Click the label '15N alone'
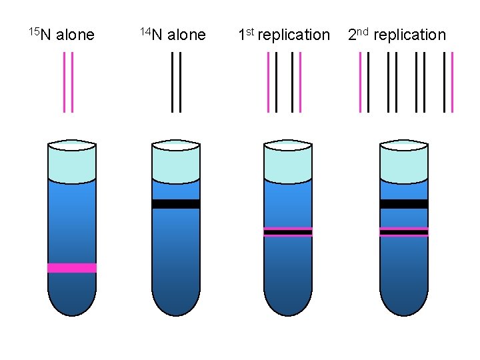pos(61,35)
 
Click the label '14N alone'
pos(173,35)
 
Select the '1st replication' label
pos(284,35)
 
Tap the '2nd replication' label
pos(397,35)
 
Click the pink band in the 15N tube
pos(72,268)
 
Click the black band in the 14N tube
pos(176,204)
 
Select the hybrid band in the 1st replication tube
pos(288,232)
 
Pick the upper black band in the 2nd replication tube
pos(404,204)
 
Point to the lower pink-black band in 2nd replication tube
pos(404,232)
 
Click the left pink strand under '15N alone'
pos(65,81)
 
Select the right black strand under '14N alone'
pos(180,81)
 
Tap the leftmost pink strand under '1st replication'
pos(269,81)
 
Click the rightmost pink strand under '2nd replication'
pos(452,81)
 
